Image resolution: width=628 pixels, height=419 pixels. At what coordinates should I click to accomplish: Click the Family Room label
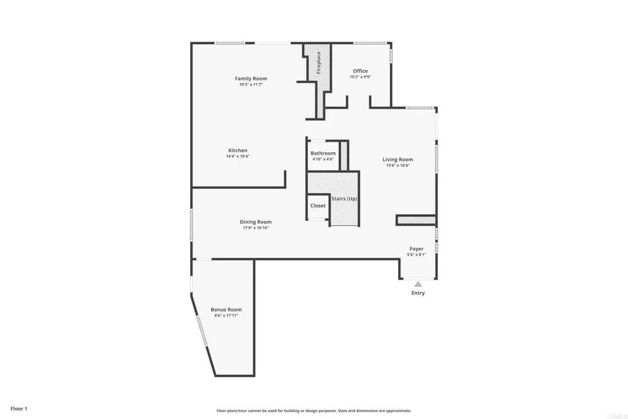point(251,79)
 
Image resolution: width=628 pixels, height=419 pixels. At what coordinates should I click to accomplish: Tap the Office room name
point(360,71)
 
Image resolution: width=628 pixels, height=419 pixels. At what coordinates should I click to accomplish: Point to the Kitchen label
point(238,150)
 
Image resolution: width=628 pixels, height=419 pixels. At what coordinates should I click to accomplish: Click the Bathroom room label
point(323,153)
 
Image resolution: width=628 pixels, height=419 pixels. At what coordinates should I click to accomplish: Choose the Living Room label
point(397,160)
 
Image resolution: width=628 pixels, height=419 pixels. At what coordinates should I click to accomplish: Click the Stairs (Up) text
point(344,199)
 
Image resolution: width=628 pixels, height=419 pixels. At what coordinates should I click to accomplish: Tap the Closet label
point(318,206)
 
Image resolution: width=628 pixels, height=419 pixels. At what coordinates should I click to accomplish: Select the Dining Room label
point(255,222)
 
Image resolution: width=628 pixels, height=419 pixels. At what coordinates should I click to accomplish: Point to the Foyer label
point(416,249)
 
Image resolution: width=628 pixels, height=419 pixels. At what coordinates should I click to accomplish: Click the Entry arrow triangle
point(418,284)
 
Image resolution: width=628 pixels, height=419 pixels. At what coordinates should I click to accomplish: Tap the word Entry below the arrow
point(418,293)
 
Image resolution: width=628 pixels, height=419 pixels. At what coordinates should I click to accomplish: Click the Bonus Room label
point(226,310)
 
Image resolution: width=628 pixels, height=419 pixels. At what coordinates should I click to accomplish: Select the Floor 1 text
point(18,409)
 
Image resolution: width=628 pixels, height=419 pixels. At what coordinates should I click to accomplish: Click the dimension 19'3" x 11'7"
point(251,85)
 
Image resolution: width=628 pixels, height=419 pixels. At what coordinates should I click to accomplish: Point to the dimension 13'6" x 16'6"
point(397,166)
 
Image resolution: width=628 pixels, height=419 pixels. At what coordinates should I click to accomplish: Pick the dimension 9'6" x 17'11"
point(226,315)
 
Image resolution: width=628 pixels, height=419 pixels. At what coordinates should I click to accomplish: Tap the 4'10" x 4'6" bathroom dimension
point(323,160)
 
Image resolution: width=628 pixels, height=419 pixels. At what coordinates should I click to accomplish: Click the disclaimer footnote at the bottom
point(313,411)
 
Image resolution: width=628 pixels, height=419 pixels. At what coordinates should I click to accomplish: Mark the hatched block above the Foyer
point(416,220)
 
